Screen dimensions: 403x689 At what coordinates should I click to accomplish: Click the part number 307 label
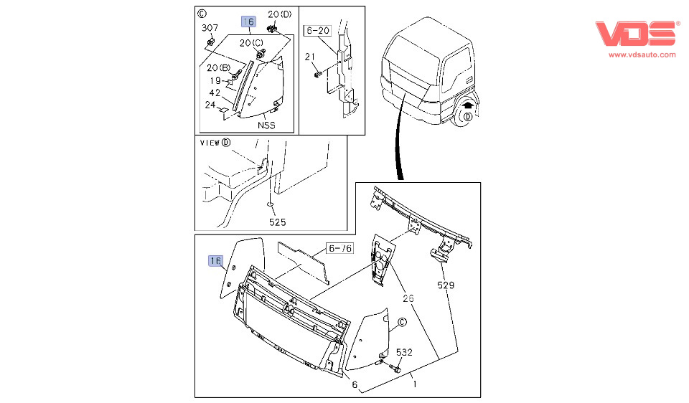coord(210,28)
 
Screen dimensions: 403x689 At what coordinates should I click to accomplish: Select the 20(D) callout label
coord(280,14)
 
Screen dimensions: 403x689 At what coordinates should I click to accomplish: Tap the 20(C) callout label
coord(251,43)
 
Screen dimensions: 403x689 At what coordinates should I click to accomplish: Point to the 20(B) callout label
coord(218,68)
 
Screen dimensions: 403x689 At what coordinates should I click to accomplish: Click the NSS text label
coord(267,125)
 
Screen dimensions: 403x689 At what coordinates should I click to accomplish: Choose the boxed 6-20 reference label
coord(318,31)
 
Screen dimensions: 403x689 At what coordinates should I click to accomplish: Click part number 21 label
coord(310,57)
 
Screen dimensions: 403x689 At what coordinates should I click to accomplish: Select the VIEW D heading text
coord(215,142)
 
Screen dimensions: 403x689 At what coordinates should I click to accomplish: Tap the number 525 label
coord(278,223)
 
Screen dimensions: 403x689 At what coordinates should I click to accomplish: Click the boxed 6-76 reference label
coord(340,248)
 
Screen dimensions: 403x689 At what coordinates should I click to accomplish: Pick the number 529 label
coord(446,285)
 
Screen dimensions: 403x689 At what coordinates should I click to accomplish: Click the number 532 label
coord(405,352)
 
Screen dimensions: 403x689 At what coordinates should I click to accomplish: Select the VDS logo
coord(636,33)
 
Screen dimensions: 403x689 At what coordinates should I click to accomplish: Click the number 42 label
coord(215,93)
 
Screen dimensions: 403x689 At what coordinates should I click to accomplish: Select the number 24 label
coord(210,105)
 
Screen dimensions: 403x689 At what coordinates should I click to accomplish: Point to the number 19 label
coord(215,80)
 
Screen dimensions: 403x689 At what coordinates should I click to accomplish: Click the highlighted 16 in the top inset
coord(248,22)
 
